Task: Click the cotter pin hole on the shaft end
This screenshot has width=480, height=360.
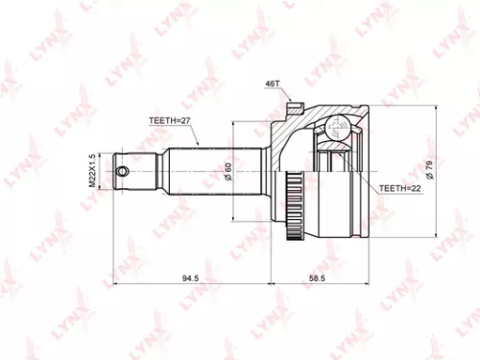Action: pos(123,173)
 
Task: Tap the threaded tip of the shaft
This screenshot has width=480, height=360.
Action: pos(119,173)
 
